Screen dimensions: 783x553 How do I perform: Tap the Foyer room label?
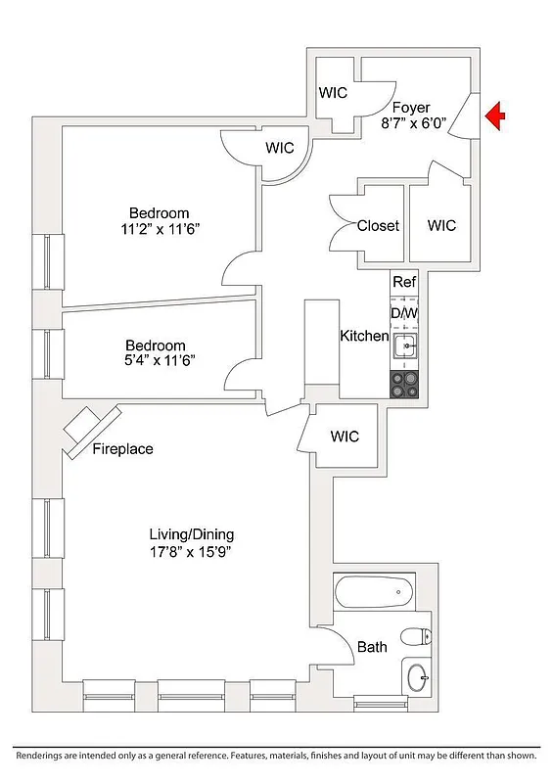(411, 108)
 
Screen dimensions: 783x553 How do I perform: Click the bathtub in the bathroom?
(375, 590)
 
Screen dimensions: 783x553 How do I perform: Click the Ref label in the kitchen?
(404, 282)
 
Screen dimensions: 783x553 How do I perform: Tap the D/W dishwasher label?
(404, 313)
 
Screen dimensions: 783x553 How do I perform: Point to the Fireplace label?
(122, 450)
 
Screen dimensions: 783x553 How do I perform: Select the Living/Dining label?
(191, 534)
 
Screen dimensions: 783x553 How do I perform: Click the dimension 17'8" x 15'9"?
(191, 552)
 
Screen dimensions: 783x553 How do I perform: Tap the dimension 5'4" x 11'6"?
(155, 361)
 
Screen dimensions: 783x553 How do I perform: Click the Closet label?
(378, 226)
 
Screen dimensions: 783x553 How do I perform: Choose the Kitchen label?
(364, 336)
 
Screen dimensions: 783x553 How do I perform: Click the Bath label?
(372, 647)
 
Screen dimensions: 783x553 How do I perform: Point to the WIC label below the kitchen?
(345, 437)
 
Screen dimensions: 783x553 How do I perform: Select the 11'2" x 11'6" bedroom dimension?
(160, 230)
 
